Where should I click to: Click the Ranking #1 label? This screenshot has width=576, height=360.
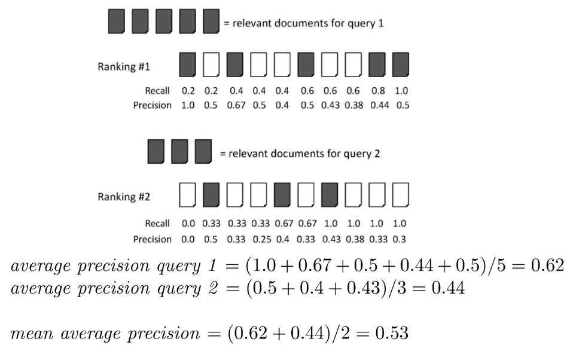click(124, 66)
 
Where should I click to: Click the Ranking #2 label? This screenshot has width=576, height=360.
click(124, 197)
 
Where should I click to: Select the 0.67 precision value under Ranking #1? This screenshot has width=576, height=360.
click(235, 105)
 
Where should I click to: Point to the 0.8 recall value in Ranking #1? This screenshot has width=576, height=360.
click(377, 91)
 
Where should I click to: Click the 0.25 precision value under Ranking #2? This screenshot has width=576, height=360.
click(258, 239)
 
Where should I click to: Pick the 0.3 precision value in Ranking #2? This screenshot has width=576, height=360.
click(400, 239)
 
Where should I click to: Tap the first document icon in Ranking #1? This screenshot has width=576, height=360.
click(188, 65)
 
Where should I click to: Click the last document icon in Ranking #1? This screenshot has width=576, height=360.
click(400, 65)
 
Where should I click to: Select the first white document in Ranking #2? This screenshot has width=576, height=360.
click(188, 195)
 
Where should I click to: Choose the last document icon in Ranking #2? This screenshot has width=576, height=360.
click(400, 195)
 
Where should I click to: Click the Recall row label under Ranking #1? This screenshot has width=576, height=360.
click(157, 91)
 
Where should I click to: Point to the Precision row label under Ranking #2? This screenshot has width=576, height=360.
click(152, 239)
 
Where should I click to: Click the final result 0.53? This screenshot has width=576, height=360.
click(392, 332)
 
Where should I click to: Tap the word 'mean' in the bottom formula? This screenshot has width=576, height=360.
click(30, 334)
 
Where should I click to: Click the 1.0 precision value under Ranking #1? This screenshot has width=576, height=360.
click(188, 105)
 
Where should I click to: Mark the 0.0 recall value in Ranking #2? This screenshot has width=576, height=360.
click(188, 224)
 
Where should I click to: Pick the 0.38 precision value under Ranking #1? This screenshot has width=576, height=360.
click(353, 105)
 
